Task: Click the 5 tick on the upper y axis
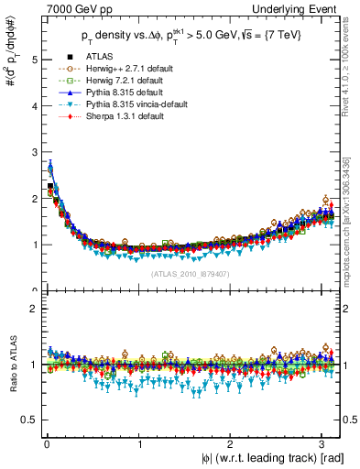point(34,60)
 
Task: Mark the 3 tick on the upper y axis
point(34,152)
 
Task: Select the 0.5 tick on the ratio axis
point(30,420)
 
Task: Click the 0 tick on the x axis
point(47,445)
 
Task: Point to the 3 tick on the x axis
point(322,445)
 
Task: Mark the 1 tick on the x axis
point(138,445)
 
